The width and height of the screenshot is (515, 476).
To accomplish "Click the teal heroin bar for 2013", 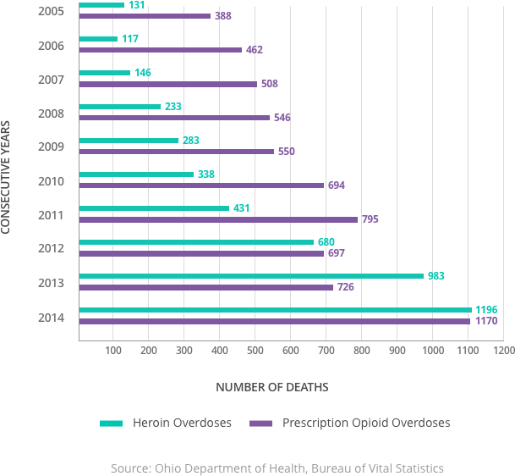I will [x=251, y=276].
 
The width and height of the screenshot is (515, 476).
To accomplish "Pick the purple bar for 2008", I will [x=174, y=118].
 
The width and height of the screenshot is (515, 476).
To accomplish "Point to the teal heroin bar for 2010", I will [x=136, y=174].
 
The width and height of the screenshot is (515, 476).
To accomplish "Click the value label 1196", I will [x=486, y=310].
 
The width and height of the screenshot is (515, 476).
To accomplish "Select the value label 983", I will [x=436, y=276].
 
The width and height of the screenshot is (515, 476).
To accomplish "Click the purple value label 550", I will [x=287, y=152].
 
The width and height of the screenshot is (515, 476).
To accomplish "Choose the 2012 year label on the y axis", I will [x=51, y=248].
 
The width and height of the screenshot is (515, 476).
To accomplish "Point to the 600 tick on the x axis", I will [x=290, y=350].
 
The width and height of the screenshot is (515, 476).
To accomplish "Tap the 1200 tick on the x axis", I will [x=503, y=350].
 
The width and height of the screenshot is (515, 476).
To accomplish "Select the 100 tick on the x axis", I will [x=113, y=350].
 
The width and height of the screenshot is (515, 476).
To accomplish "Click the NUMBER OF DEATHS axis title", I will [x=271, y=387].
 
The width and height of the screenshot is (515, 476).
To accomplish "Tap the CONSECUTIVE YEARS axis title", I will [x=7, y=177].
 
